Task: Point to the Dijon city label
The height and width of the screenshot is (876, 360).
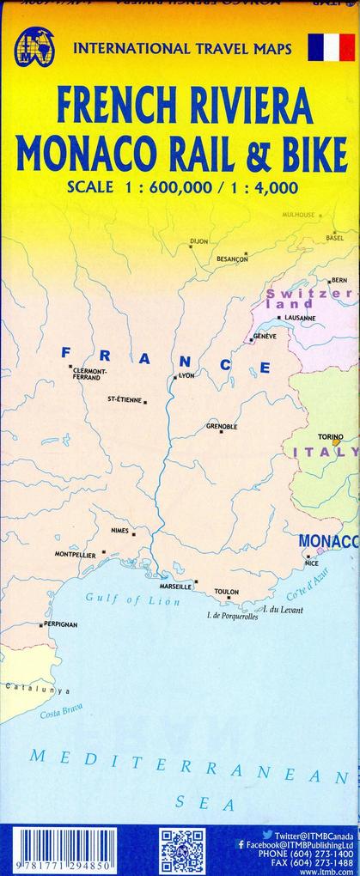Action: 199,241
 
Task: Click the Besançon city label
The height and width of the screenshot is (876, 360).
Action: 232,259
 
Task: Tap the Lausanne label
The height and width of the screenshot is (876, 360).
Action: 299,318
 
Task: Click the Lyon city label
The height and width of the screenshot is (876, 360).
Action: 186,375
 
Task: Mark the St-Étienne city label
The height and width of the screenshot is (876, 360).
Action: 125,399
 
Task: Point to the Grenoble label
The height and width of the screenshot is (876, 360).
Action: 222,426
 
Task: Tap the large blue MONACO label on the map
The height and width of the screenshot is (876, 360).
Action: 328,541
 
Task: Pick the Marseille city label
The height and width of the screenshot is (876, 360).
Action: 175,587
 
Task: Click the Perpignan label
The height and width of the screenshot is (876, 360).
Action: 60,624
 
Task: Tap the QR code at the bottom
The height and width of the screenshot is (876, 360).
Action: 181,850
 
